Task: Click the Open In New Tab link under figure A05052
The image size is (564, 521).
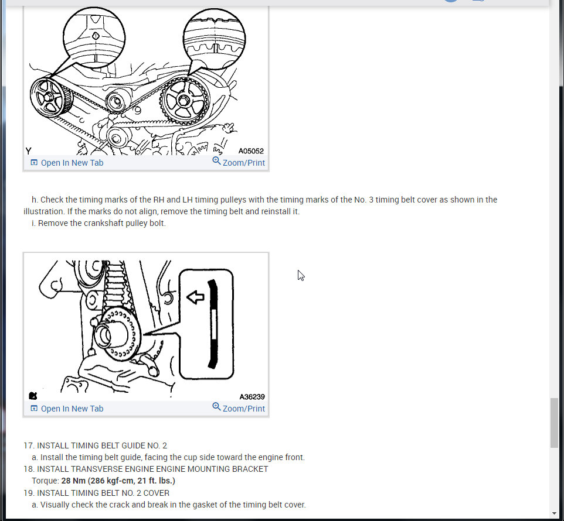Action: (x=67, y=163)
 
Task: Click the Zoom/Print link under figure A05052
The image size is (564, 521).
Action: (x=239, y=162)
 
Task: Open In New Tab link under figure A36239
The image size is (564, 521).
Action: (x=67, y=409)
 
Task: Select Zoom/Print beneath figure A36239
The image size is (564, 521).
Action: (x=239, y=408)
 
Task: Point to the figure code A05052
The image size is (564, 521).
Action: (x=251, y=151)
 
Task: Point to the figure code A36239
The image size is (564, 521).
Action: (x=252, y=397)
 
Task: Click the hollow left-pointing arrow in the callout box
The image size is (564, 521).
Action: (x=195, y=297)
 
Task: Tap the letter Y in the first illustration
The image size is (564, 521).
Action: (x=28, y=151)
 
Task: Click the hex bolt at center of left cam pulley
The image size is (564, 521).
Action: (x=49, y=97)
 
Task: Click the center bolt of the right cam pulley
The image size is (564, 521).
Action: (x=184, y=100)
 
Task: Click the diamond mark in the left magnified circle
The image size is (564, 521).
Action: (x=96, y=36)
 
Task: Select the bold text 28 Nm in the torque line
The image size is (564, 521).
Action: (x=73, y=481)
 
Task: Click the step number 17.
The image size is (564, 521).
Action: (x=28, y=445)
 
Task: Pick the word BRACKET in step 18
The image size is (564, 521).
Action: (x=251, y=469)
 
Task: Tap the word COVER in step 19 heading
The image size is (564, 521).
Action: (x=157, y=493)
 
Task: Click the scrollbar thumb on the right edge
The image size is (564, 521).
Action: (x=554, y=423)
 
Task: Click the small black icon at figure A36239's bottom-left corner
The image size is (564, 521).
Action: (x=33, y=396)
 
